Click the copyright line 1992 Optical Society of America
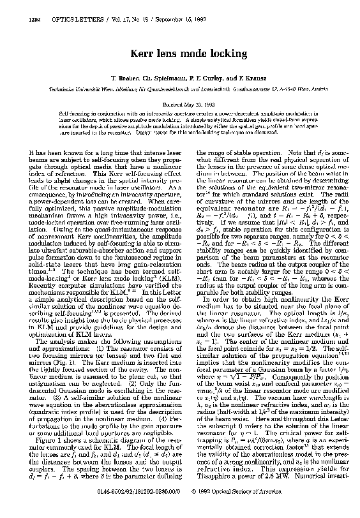(x=286, y=508)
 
